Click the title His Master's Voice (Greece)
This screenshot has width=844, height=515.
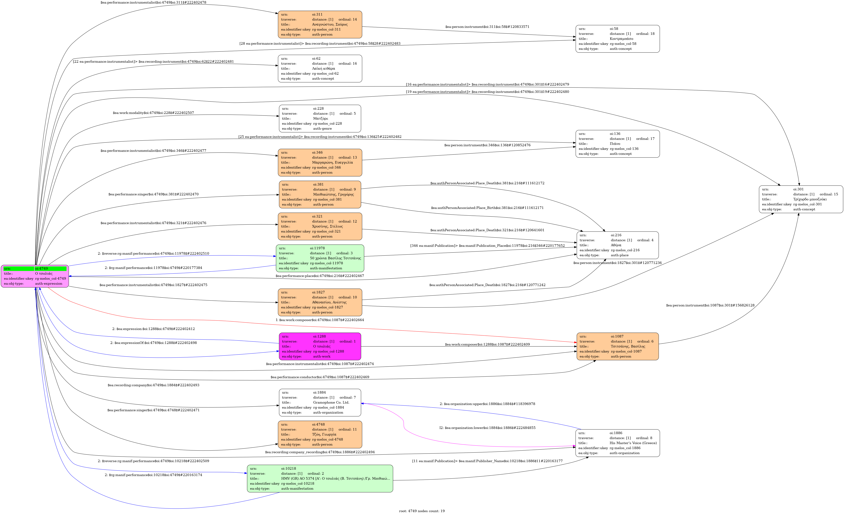coord(633,443)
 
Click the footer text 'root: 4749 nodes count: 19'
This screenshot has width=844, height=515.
coord(422,511)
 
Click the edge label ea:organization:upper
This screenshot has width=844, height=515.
coord(487,404)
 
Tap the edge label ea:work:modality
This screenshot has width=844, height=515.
coord(153,113)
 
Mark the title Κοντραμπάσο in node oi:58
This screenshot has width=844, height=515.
coord(621,39)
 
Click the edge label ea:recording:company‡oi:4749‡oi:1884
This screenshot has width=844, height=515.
coord(153,385)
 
